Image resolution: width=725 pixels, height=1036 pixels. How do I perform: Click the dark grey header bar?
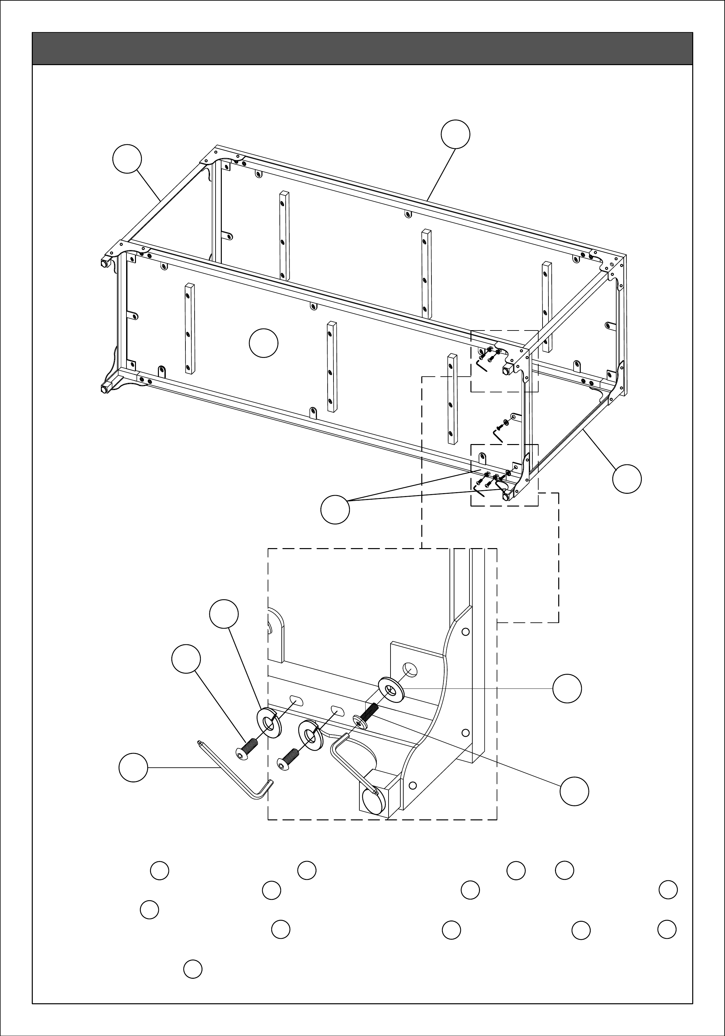(x=362, y=48)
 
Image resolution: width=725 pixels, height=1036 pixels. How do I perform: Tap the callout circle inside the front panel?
(x=263, y=343)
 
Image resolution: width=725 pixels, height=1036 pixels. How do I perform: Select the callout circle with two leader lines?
(x=335, y=509)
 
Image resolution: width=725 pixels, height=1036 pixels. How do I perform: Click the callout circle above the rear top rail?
(x=455, y=134)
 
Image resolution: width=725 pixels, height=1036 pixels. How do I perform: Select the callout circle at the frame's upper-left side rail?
(x=127, y=159)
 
